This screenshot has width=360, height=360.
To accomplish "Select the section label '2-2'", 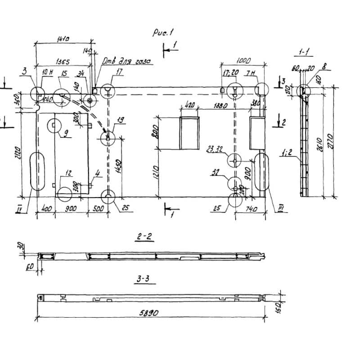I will (144, 237).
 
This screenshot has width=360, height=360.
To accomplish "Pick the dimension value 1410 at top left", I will (63, 39).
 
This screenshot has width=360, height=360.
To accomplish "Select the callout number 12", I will (68, 173).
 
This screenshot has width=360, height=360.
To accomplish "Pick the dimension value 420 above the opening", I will (189, 106).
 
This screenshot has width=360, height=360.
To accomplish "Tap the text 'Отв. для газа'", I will (126, 61).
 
